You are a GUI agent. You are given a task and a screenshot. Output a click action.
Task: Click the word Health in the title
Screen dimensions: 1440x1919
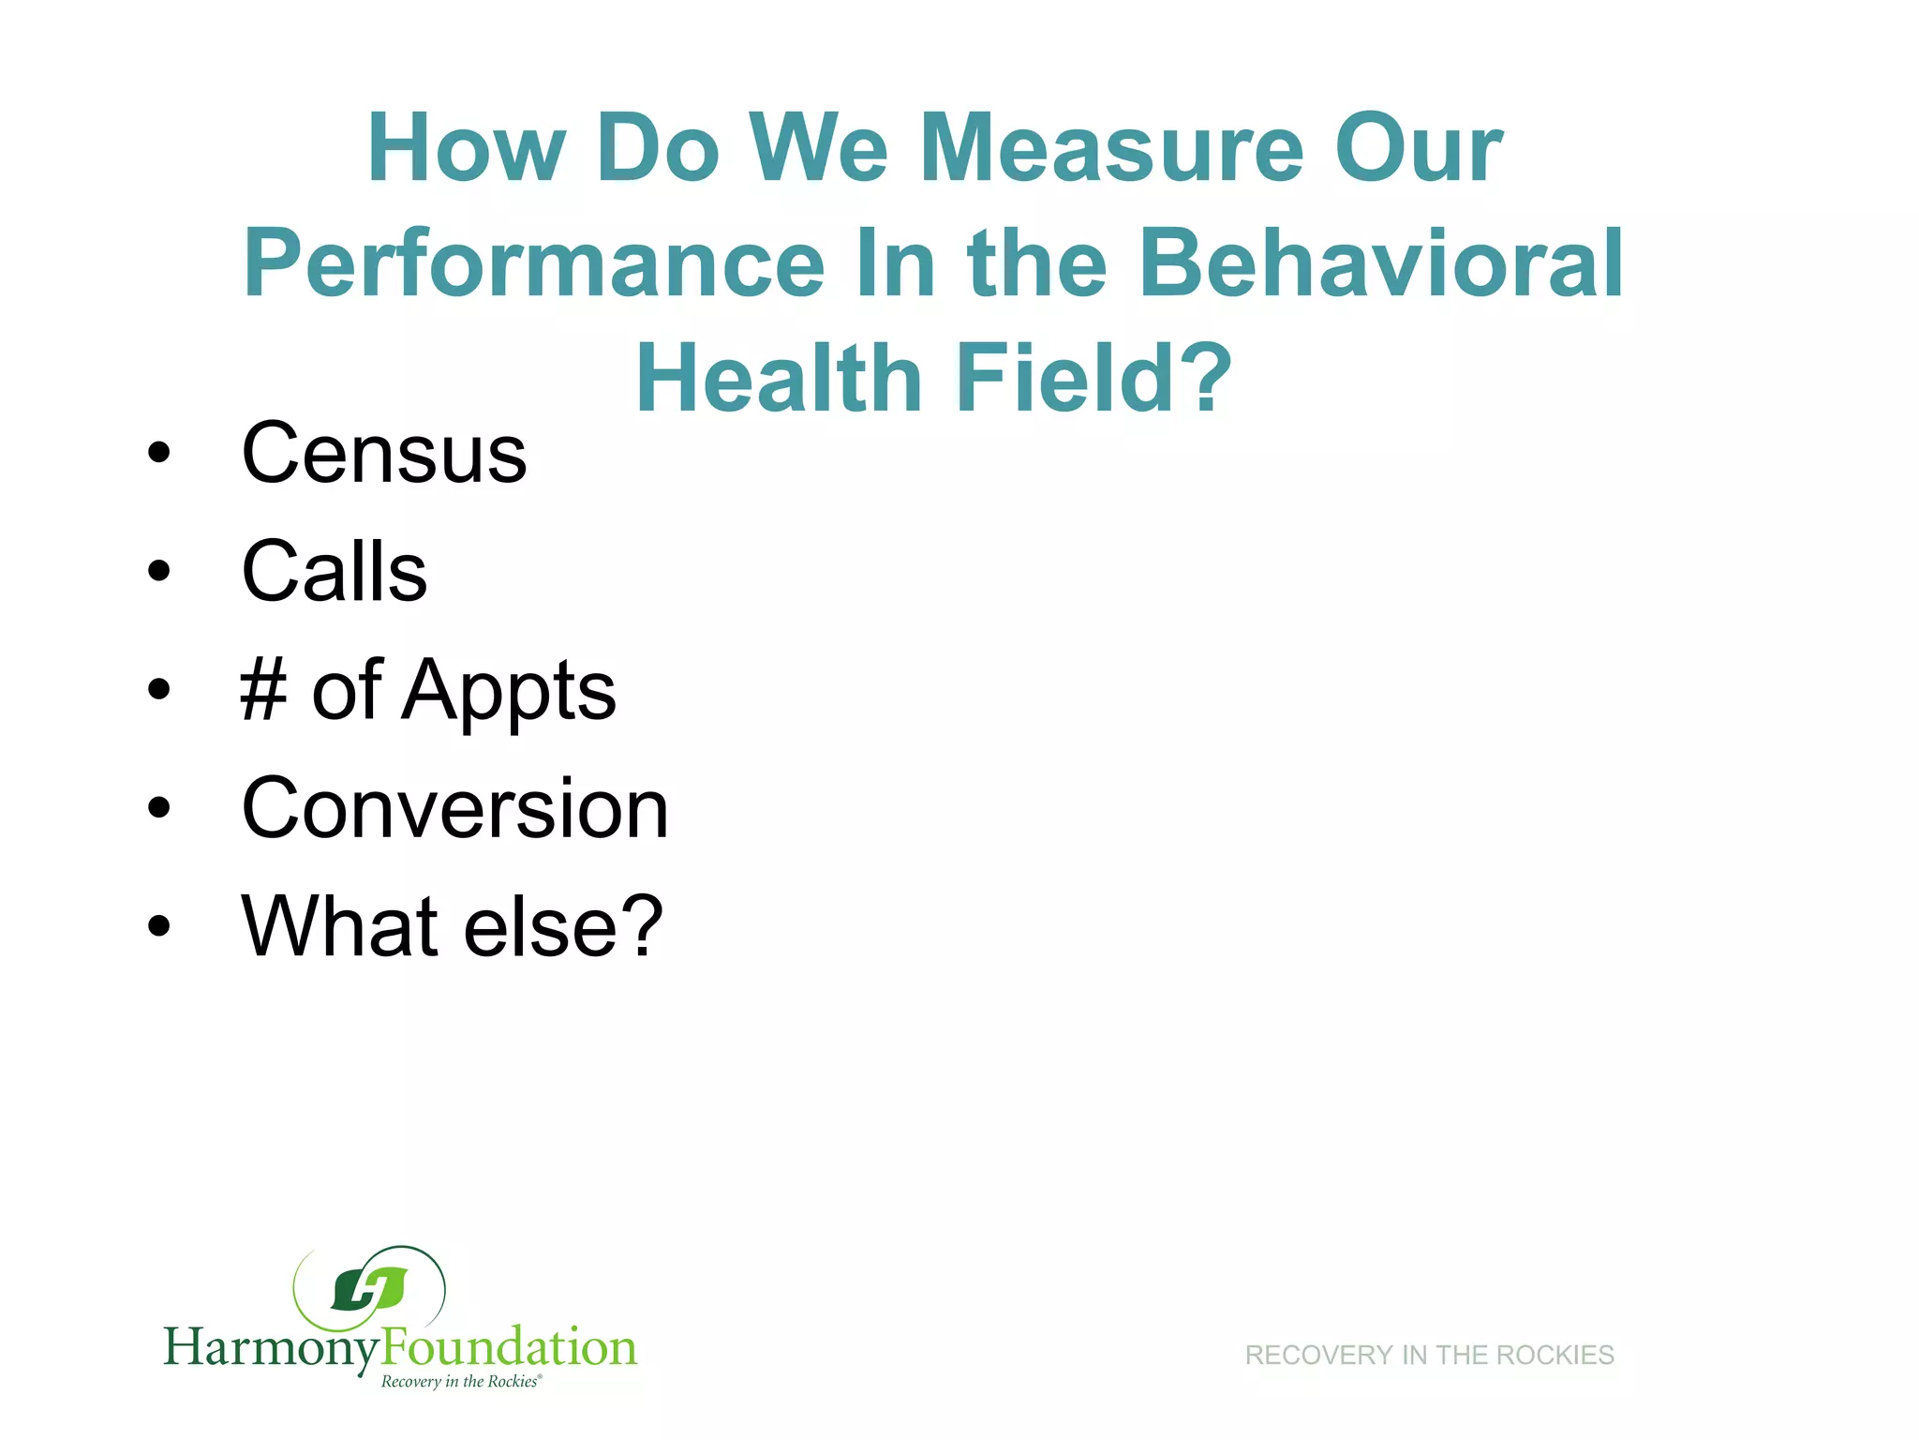click(x=780, y=378)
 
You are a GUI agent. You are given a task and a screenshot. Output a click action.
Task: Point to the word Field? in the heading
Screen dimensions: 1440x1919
click(x=1093, y=378)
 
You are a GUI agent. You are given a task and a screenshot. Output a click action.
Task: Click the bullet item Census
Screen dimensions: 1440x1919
click(x=384, y=454)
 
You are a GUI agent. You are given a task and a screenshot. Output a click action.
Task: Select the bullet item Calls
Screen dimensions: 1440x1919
click(x=335, y=572)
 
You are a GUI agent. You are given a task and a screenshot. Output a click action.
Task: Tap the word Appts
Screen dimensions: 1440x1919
click(x=509, y=692)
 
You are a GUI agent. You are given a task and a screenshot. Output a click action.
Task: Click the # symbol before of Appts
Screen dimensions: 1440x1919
click(x=263, y=690)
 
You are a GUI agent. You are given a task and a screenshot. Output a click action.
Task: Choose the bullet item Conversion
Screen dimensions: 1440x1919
click(x=455, y=808)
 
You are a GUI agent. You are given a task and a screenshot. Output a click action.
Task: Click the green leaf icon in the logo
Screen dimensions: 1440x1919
click(x=370, y=1290)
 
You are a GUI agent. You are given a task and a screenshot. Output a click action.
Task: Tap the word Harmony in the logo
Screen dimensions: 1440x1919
click(x=272, y=1348)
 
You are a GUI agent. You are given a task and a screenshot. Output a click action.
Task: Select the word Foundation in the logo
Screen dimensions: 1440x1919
click(x=509, y=1346)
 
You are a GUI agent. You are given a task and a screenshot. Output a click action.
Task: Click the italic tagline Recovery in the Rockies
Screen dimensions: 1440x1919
click(x=461, y=1382)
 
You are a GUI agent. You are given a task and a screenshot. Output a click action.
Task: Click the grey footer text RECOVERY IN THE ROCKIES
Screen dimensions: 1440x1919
click(x=1429, y=1356)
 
